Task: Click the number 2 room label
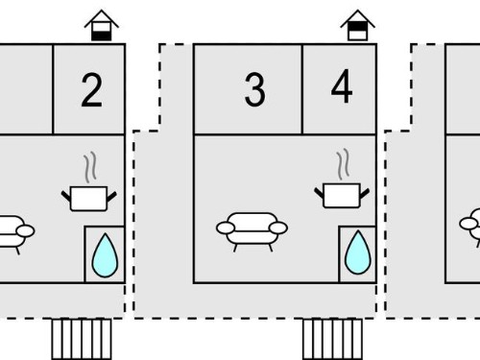(92, 90)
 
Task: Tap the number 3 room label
(254, 89)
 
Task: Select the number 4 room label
(342, 86)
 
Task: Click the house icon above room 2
(102, 26)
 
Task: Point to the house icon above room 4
(357, 26)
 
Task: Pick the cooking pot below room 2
(88, 199)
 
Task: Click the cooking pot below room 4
(342, 195)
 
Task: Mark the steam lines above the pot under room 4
(343, 164)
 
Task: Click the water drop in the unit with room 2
(105, 256)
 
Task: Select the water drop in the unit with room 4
(358, 252)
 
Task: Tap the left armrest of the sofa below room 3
(226, 228)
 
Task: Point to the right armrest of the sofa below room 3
(278, 228)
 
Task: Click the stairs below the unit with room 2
(82, 339)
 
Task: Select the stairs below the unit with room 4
(333, 339)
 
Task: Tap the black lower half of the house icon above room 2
(102, 36)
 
